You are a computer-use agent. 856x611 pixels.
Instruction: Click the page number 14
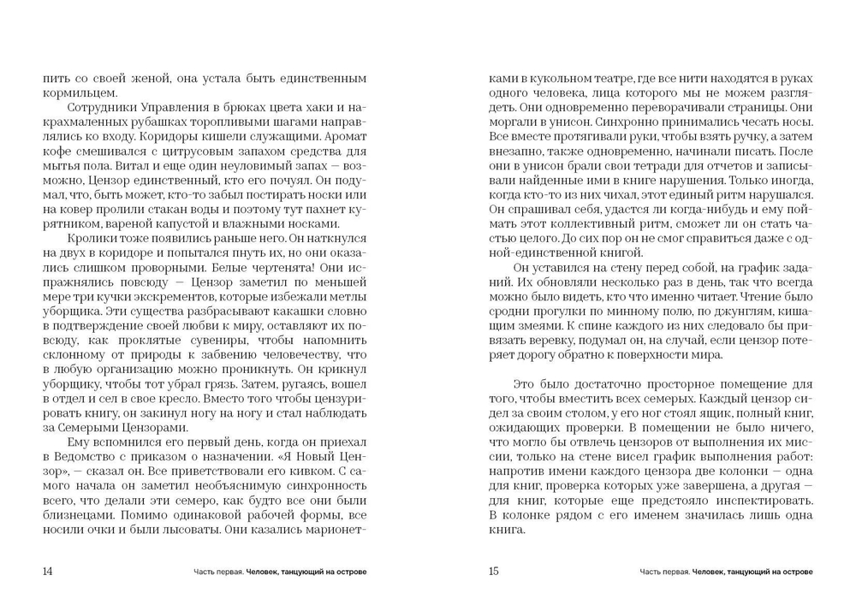pos(47,571)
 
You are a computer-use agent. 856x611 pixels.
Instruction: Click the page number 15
pos(493,571)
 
